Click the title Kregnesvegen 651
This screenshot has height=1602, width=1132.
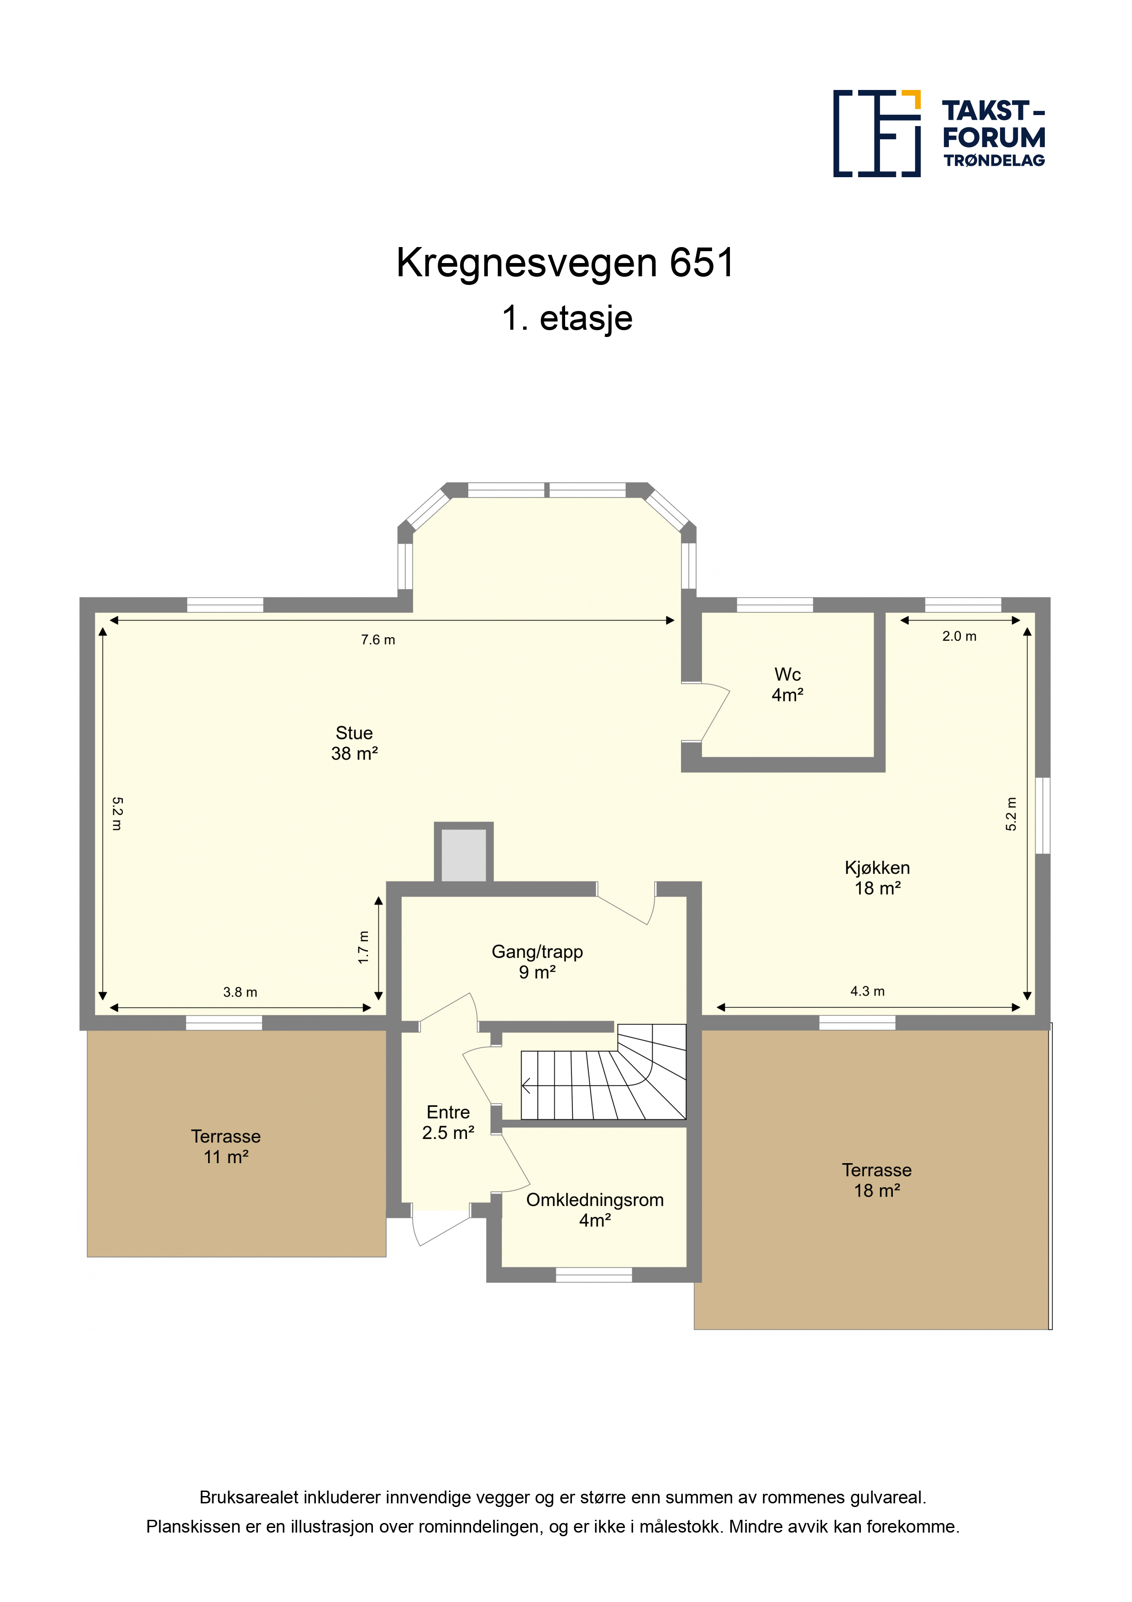click(566, 263)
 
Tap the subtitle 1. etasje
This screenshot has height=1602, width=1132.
click(567, 318)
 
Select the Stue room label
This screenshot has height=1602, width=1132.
click(354, 743)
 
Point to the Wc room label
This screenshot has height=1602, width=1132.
click(787, 685)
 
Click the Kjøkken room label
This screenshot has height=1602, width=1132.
click(877, 878)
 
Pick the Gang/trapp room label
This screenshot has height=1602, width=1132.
click(537, 961)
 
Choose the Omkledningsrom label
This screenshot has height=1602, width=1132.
click(595, 1210)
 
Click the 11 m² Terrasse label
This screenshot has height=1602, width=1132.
click(226, 1146)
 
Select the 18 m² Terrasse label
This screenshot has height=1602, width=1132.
click(877, 1180)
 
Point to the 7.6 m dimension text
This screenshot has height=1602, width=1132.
click(378, 640)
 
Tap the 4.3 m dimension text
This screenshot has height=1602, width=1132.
click(868, 991)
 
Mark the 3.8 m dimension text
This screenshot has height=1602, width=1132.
click(240, 992)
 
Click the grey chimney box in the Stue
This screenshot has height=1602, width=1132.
click(464, 855)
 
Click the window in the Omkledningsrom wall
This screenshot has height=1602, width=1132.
click(593, 1275)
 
